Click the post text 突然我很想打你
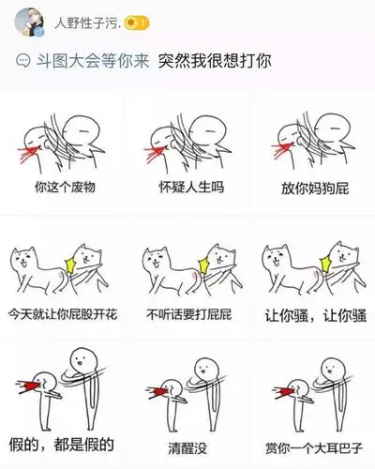215,61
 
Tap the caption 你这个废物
66,187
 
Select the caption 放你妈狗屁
313,187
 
